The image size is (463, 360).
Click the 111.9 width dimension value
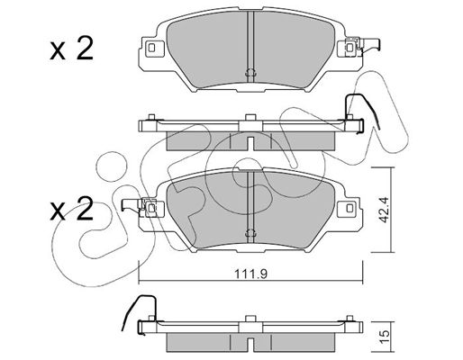(x=250, y=274)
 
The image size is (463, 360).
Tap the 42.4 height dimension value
(x=384, y=210)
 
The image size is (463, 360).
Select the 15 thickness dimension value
(x=385, y=333)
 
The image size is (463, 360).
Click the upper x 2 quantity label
(x=71, y=49)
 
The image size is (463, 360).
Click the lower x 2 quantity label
(x=71, y=209)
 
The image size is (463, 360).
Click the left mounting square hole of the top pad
(x=151, y=48)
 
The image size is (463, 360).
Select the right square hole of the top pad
(x=350, y=48)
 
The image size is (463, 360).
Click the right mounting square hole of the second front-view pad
(x=350, y=208)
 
